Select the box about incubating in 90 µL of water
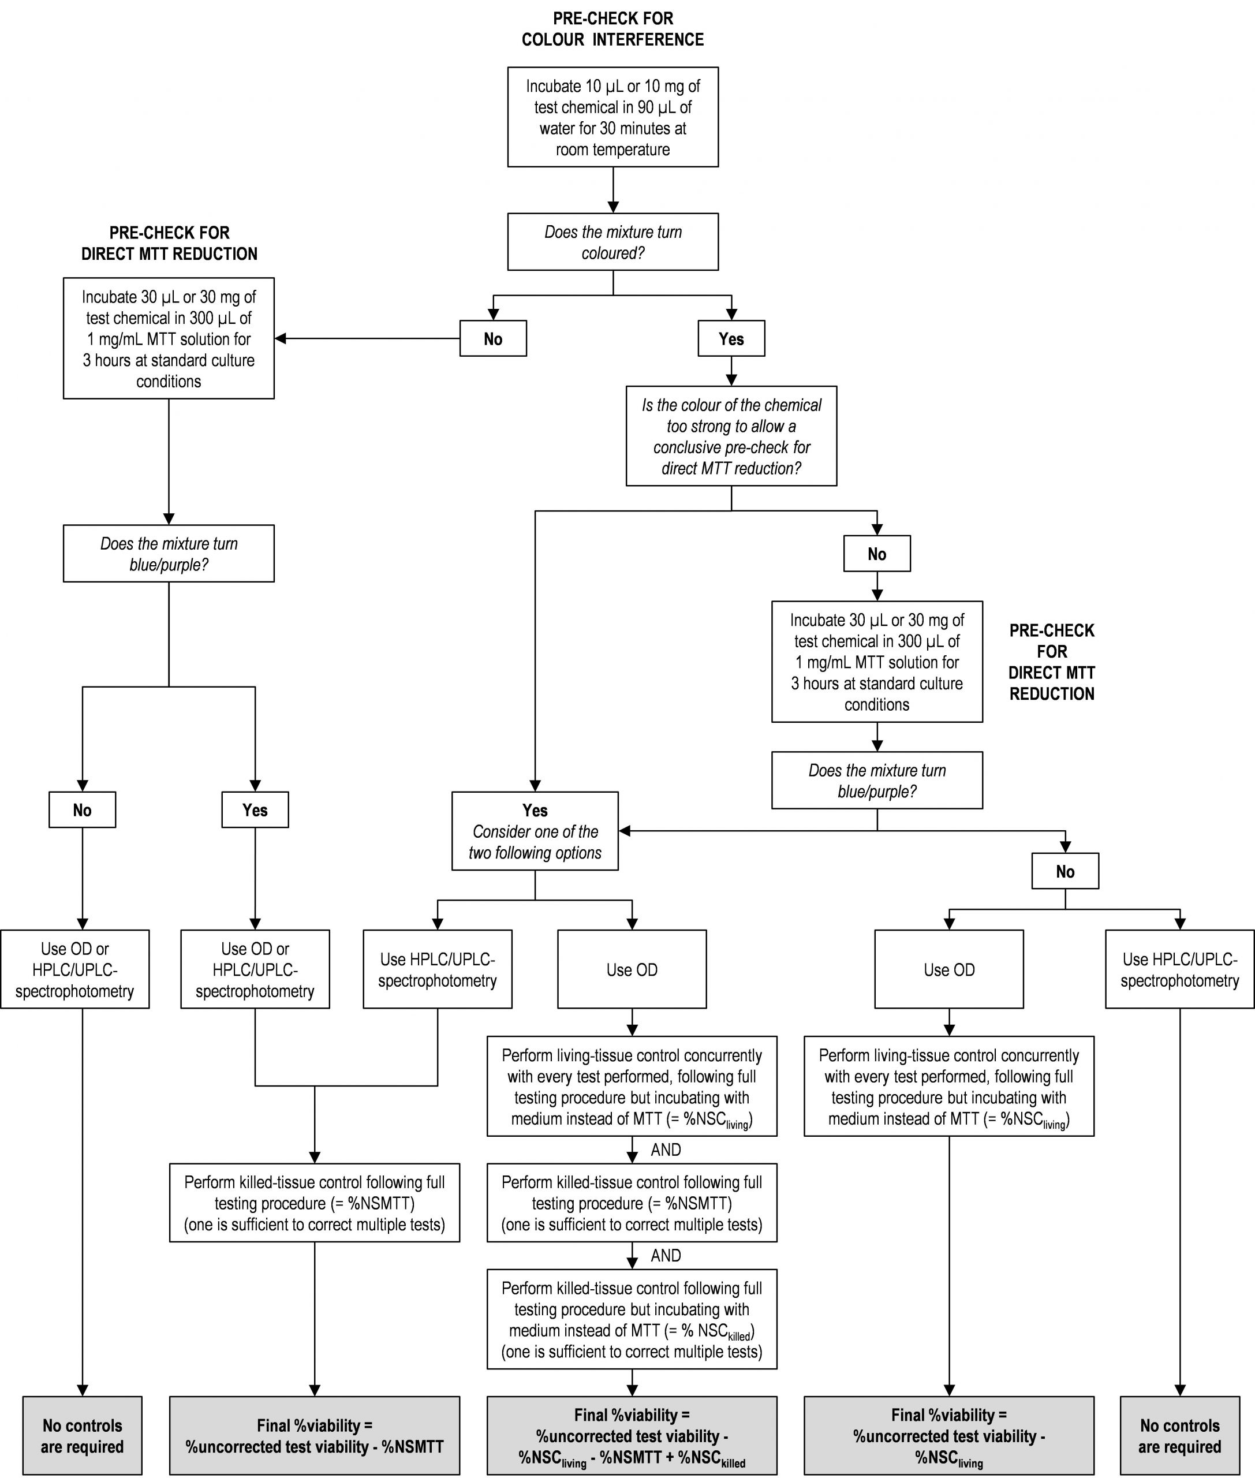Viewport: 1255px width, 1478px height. point(612,117)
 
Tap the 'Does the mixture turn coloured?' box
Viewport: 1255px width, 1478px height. point(612,242)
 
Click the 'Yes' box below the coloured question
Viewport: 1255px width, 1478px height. point(731,339)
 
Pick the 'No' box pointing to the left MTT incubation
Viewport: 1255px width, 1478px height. point(493,339)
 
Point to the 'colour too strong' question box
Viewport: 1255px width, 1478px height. point(731,436)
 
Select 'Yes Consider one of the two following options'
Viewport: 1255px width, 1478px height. point(535,831)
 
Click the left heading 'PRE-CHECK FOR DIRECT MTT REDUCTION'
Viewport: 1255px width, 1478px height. point(169,244)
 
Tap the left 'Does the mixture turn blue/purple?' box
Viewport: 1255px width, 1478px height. point(169,554)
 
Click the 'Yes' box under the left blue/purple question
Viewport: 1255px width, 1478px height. point(255,810)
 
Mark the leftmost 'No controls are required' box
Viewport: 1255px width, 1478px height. point(83,1435)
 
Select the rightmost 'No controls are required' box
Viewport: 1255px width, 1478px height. point(1179,1435)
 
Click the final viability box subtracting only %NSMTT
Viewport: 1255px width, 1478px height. point(315,1435)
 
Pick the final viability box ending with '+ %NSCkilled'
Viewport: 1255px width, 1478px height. point(632,1435)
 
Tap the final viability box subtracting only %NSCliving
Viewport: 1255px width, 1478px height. point(949,1435)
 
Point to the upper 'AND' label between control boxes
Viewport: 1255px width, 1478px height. point(666,1150)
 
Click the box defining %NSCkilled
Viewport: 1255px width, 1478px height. point(632,1319)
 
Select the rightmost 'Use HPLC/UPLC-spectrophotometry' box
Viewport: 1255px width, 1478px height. point(1179,969)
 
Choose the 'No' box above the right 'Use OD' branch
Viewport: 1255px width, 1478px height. point(1065,871)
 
